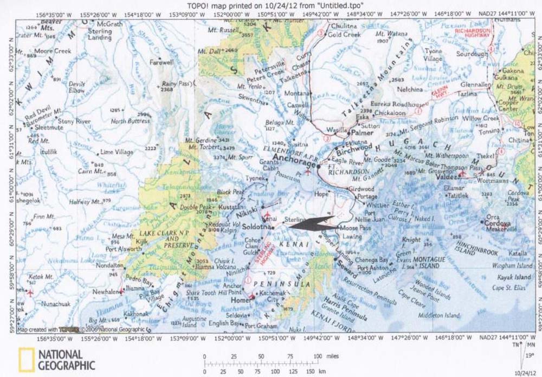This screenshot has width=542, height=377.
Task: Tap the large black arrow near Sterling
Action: (x=311, y=224)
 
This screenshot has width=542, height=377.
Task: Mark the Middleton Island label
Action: (x=437, y=315)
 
